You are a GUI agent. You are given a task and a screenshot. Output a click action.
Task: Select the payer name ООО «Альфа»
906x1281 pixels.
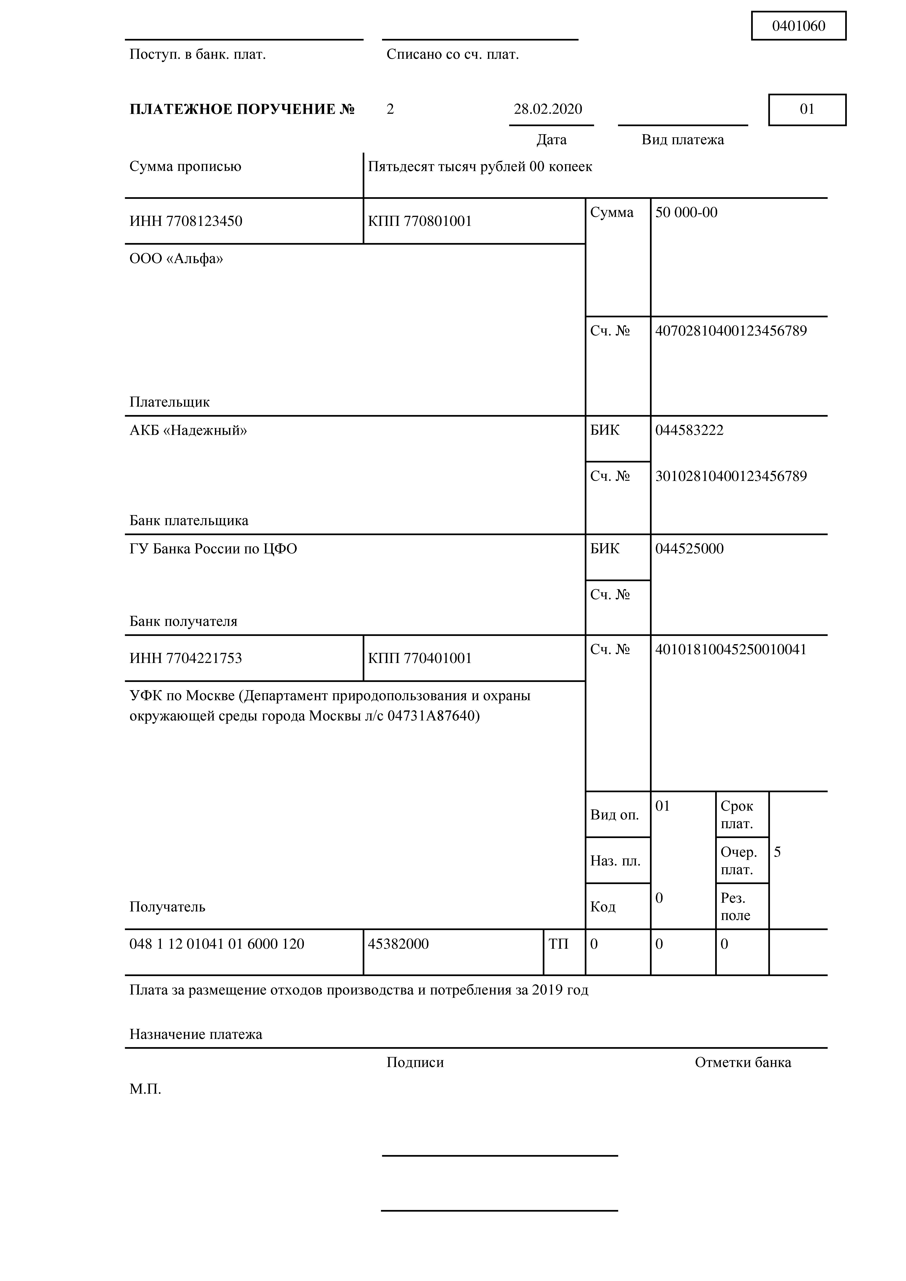click(176, 259)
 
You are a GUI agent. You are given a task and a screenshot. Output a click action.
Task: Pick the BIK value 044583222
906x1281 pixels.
click(689, 430)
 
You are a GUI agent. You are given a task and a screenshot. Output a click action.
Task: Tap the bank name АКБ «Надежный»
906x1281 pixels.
click(188, 430)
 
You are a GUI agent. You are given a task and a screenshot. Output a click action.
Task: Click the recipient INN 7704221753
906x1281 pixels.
click(186, 658)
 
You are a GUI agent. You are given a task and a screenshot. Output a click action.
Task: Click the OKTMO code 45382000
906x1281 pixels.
click(398, 944)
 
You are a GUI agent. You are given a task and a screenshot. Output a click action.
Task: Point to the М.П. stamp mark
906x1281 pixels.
click(145, 1089)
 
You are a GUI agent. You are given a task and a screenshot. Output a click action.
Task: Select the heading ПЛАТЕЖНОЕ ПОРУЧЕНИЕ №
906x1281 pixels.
click(242, 109)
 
